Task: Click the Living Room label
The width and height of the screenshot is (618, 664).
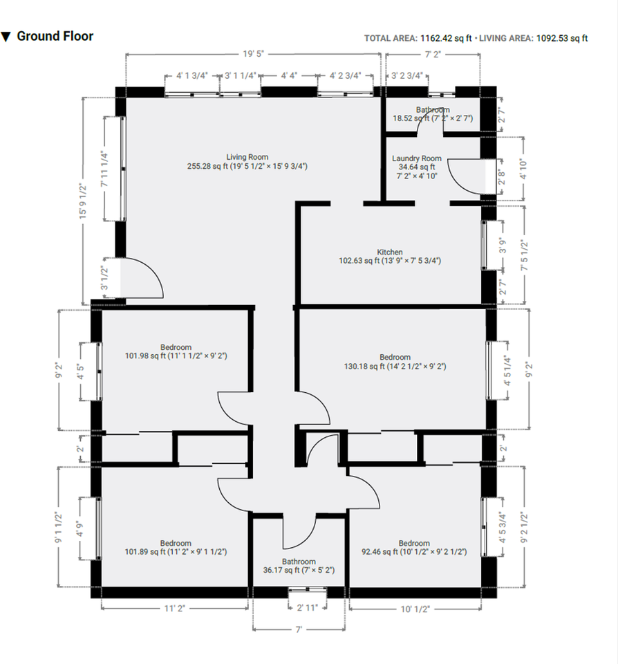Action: (x=247, y=157)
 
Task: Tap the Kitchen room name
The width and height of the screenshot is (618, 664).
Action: (x=390, y=252)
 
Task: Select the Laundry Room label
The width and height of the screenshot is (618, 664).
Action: (x=417, y=158)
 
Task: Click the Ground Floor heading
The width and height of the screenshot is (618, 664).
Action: (x=55, y=37)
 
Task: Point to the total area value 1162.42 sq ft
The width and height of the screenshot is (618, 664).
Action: (x=446, y=38)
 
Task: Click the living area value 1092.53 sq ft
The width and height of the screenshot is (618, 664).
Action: (x=562, y=38)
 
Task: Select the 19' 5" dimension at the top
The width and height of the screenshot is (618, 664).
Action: (x=253, y=54)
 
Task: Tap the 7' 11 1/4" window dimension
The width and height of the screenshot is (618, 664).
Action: (x=104, y=169)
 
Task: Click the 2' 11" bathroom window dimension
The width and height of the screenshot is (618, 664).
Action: (x=307, y=608)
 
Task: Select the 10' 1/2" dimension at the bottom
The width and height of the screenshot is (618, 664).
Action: (x=415, y=609)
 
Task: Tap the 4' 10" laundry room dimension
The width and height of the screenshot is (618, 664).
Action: (x=523, y=169)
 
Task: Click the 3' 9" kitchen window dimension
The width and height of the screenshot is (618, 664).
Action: (x=503, y=246)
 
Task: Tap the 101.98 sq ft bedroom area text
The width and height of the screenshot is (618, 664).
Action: (x=176, y=356)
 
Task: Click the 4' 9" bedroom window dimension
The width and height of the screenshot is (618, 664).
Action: (x=79, y=528)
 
